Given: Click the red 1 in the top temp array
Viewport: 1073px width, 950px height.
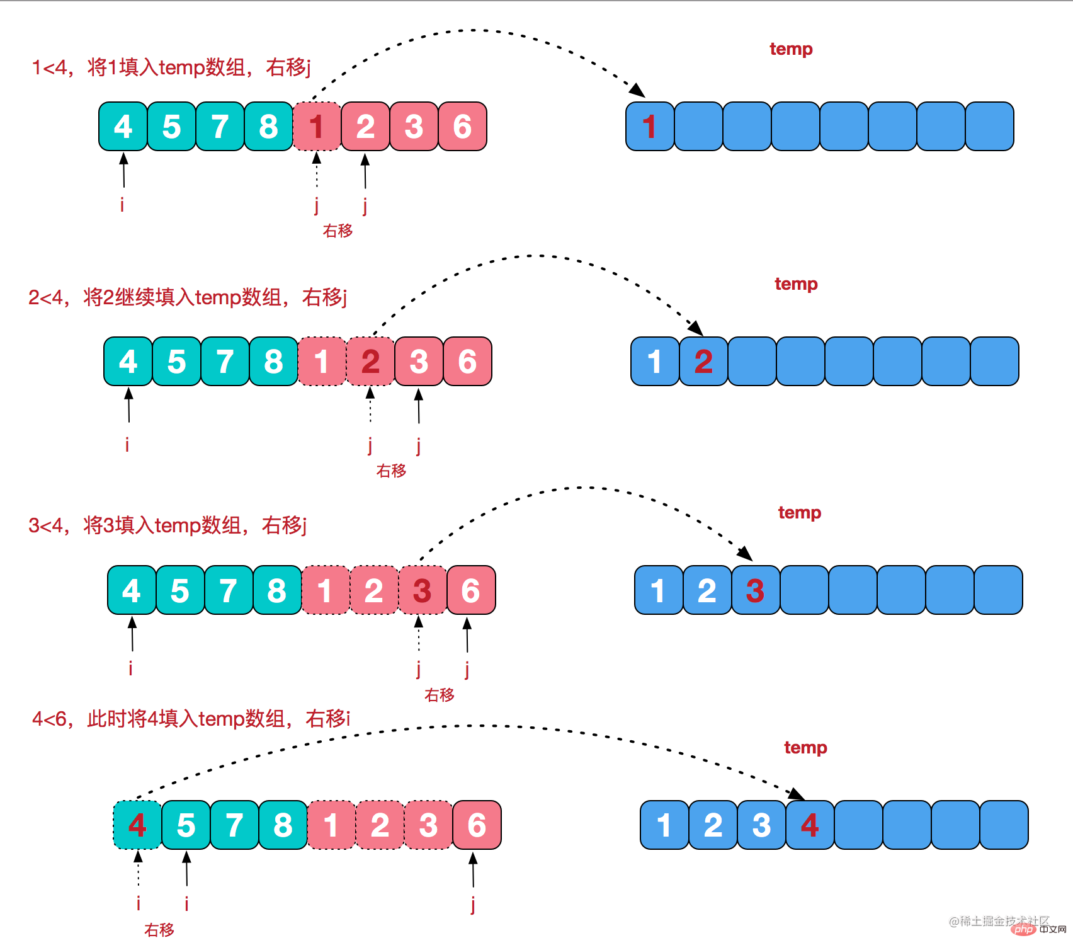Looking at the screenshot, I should (x=649, y=127).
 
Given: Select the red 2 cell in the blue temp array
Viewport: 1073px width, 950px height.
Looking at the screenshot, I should (x=703, y=362).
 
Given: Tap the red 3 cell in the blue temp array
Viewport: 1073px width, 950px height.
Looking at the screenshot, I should (x=755, y=590).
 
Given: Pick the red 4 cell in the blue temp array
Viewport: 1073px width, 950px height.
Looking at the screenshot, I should (x=810, y=825).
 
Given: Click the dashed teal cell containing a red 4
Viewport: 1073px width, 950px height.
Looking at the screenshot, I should (x=137, y=825).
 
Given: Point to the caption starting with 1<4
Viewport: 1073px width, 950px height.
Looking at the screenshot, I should (x=171, y=67).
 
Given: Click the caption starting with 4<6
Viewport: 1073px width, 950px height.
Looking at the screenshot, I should (x=191, y=718).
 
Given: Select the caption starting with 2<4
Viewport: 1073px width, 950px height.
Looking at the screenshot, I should (x=187, y=297).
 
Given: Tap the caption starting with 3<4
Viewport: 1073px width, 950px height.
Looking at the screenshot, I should (x=167, y=525).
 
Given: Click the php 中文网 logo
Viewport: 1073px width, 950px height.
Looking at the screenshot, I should (x=1040, y=929).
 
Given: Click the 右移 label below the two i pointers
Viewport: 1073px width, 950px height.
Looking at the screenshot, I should (x=159, y=930).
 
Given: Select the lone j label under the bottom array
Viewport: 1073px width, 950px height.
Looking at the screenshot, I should (x=473, y=904).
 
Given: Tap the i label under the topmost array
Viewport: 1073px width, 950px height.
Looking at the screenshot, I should (x=122, y=204).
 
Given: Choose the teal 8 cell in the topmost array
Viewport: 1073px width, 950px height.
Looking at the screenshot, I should (x=268, y=127).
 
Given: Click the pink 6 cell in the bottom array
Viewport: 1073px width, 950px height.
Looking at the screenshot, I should (x=477, y=825).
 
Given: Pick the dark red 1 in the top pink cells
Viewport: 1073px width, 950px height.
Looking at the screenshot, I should (x=317, y=127).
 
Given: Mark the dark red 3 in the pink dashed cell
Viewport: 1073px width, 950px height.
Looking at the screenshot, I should (x=422, y=590).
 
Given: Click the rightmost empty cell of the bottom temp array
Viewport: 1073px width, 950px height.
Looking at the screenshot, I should (x=1004, y=825).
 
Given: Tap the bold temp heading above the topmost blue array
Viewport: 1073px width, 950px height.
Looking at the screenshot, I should (x=791, y=49).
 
